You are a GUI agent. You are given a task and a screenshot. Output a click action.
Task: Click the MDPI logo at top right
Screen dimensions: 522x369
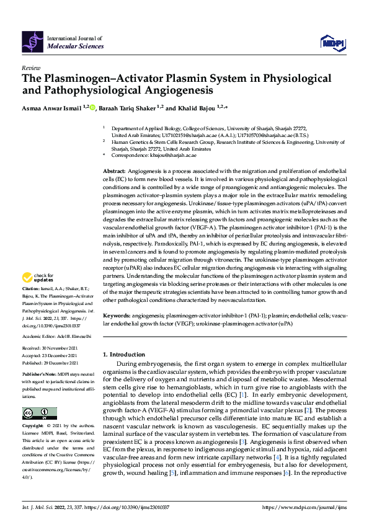click(331, 42)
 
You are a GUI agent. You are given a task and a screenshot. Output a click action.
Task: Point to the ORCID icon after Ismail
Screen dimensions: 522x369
click(92, 107)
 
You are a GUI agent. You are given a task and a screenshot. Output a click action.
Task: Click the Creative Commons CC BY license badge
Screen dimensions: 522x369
click(39, 413)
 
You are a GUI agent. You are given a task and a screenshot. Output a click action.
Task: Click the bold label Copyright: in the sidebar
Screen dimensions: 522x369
click(33, 427)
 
